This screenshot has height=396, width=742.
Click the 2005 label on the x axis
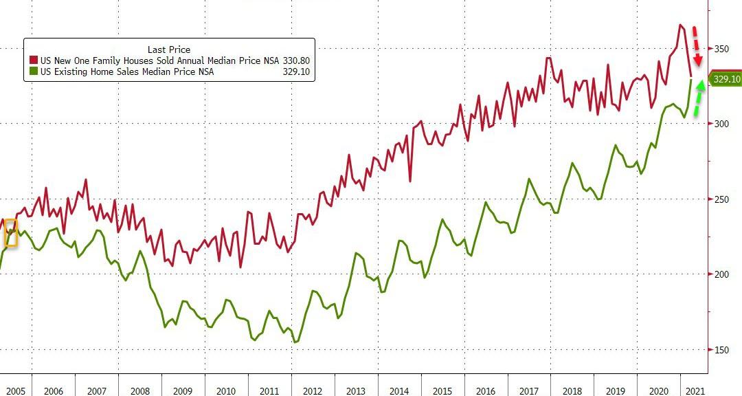(16, 390)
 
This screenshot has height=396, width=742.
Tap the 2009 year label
(183, 390)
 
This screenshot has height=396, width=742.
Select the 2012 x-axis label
(313, 390)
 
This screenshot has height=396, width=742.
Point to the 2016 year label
(486, 390)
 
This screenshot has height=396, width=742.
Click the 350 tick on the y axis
(721, 49)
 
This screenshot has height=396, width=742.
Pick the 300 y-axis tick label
(721, 124)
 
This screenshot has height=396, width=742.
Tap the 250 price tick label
(721, 199)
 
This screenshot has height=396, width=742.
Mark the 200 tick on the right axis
(721, 274)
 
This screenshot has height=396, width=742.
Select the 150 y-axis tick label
(721, 350)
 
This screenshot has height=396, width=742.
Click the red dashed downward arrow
(697, 47)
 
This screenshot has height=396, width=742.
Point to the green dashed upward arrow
(698, 98)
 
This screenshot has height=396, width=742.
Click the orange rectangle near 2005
(11, 233)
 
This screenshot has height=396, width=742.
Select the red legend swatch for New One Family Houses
(33, 60)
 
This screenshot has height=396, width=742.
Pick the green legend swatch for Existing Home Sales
(33, 71)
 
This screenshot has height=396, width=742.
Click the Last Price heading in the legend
(169, 49)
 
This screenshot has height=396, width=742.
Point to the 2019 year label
(616, 390)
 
